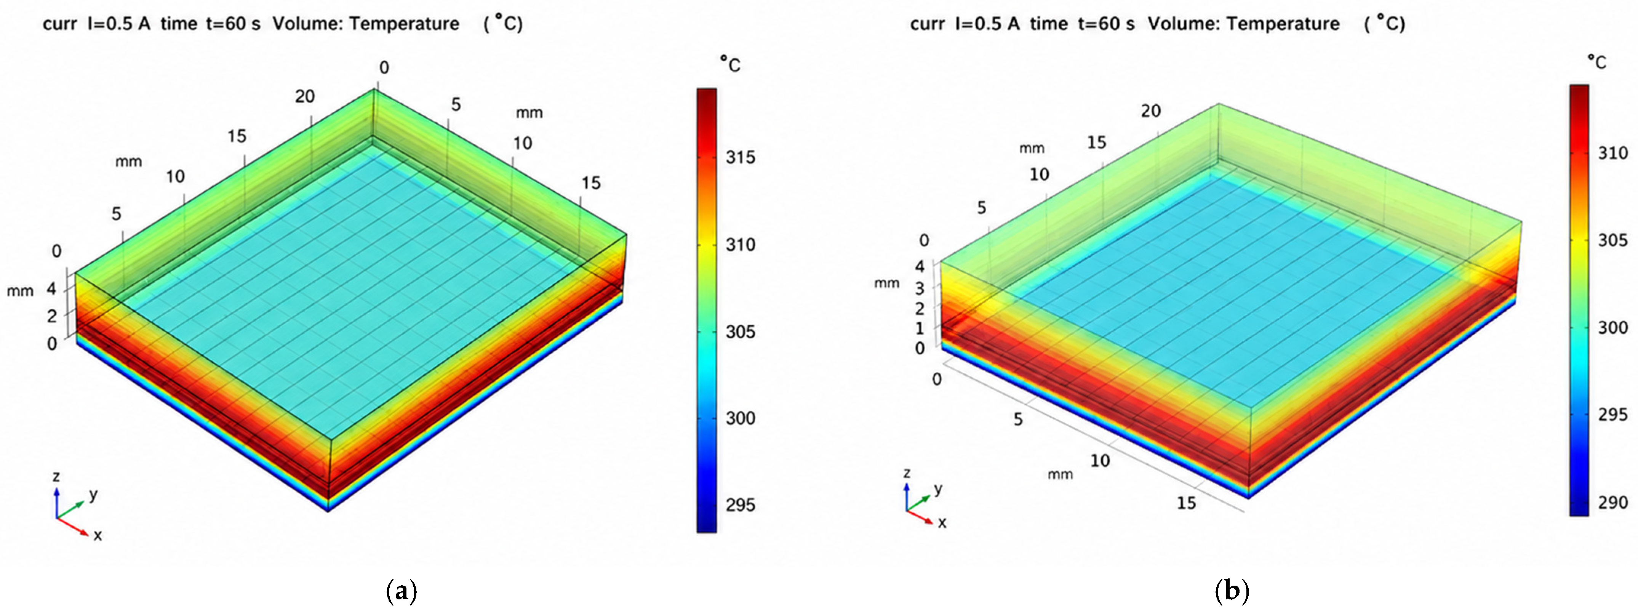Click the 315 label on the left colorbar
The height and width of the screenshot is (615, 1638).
point(741,157)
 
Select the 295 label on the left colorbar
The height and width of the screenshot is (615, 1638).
point(741,505)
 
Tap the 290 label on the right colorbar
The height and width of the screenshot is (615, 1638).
point(1613,503)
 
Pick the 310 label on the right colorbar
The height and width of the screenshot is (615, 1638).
point(1613,153)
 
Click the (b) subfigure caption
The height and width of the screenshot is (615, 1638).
point(1232,591)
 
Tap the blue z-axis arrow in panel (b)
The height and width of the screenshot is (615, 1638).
point(907,497)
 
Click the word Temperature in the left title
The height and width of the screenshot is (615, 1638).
point(405,24)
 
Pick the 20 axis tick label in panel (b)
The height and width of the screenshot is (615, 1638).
point(1150,111)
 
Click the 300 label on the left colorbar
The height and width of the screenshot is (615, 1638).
point(741,418)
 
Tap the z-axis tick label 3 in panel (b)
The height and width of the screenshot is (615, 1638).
point(920,288)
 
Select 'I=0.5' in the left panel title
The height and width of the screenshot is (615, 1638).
point(118,24)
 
